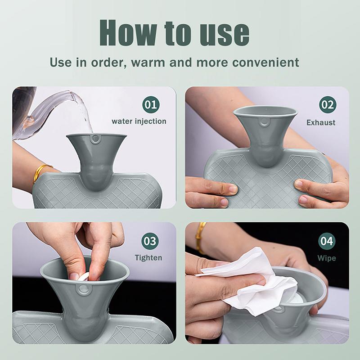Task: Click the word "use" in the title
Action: pyautogui.click(x=223, y=32)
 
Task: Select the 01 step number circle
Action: pyautogui.click(x=151, y=105)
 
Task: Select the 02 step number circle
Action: pyautogui.click(x=328, y=105)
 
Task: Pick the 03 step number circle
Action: pyautogui.click(x=150, y=241)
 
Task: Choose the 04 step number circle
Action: pyautogui.click(x=327, y=241)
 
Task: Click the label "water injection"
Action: pyautogui.click(x=139, y=121)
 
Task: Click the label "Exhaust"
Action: pyautogui.click(x=321, y=122)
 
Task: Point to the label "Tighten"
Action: pyautogui.click(x=148, y=258)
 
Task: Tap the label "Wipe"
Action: pyautogui.click(x=327, y=258)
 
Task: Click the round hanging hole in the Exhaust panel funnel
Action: pyautogui.click(x=265, y=122)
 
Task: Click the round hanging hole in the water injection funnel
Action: pyautogui.click(x=95, y=140)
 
